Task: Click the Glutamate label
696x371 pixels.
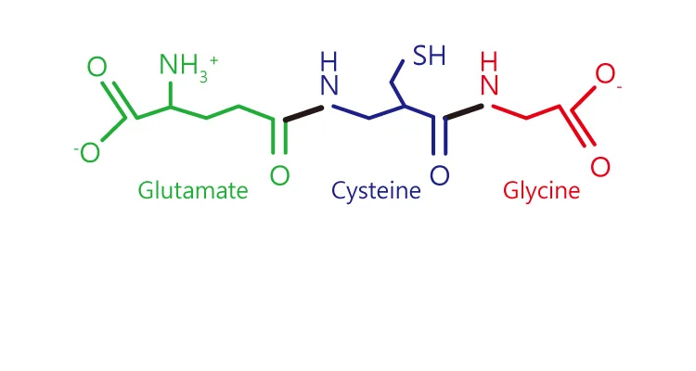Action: [x=193, y=191]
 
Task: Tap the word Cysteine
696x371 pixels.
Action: [x=376, y=191]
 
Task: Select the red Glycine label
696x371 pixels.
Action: [x=541, y=191]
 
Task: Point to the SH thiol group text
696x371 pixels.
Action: [x=429, y=56]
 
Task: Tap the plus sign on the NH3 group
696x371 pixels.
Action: [x=214, y=60]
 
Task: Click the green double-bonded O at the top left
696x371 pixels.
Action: [x=97, y=67]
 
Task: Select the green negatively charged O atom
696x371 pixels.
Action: [x=90, y=152]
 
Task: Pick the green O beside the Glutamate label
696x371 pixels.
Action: [x=279, y=175]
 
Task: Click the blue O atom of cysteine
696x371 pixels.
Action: [x=440, y=175]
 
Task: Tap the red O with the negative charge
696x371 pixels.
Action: [x=604, y=74]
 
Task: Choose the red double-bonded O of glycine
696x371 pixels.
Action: [x=600, y=167]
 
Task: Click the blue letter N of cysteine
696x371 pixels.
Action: [x=329, y=86]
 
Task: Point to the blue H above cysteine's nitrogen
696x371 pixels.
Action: [x=329, y=62]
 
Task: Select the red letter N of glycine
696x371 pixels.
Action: [x=490, y=86]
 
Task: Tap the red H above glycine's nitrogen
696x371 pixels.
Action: [x=490, y=62]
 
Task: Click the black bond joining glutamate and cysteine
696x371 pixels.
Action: [x=302, y=114]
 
